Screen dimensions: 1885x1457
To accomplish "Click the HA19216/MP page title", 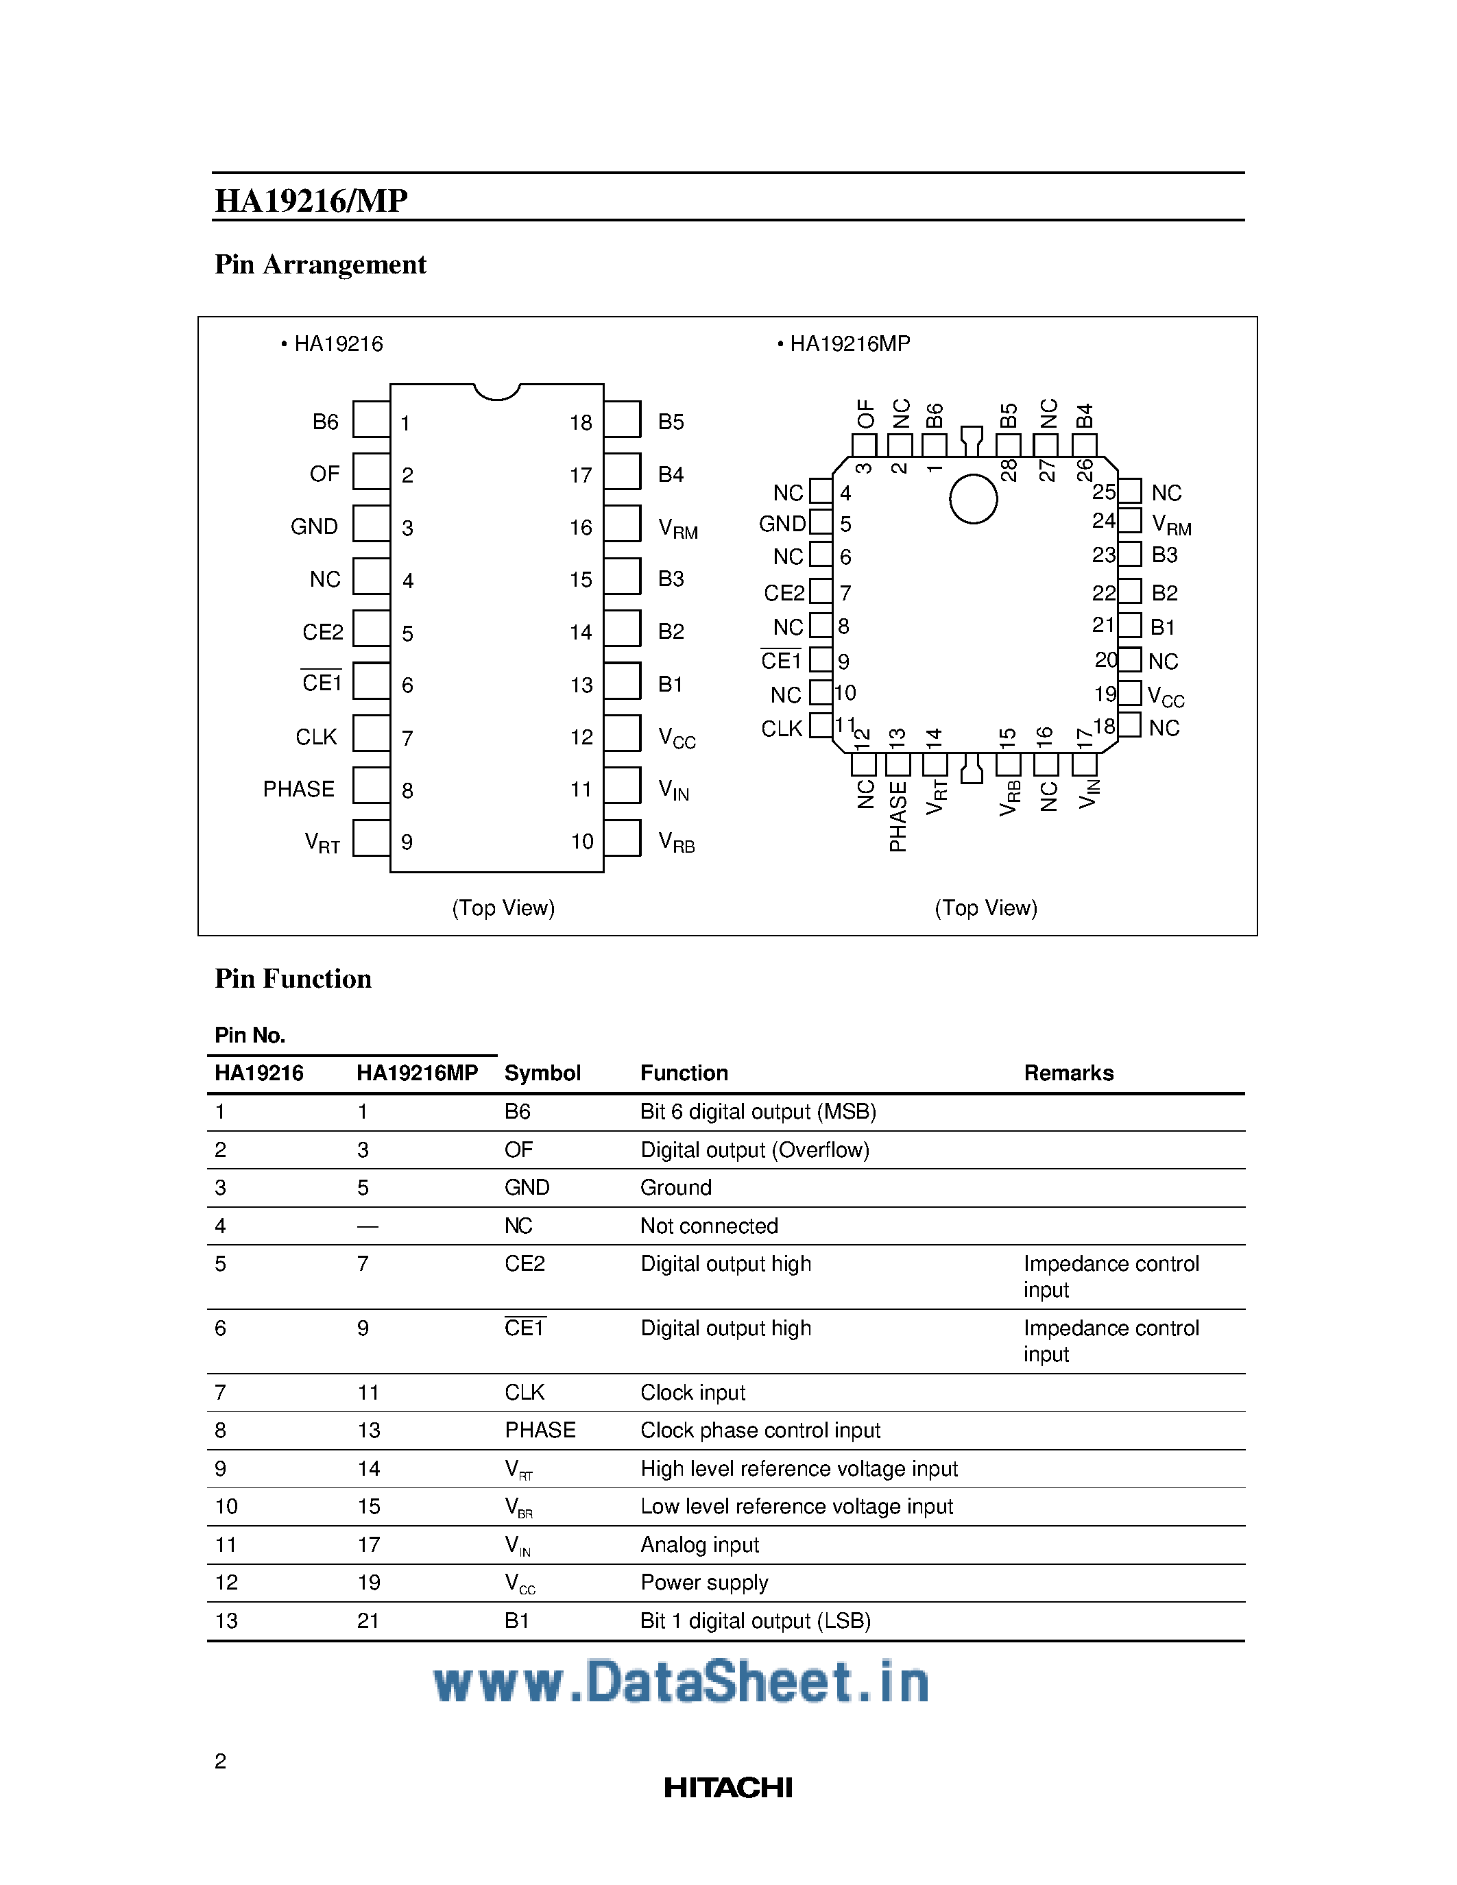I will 311,200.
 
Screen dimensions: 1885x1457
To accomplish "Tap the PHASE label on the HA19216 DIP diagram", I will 299,789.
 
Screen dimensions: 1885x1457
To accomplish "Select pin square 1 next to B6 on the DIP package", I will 371,419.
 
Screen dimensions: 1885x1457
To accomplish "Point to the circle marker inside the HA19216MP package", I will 973,499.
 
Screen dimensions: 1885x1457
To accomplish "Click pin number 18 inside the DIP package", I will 581,423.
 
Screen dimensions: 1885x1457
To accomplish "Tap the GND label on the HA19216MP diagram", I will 781,524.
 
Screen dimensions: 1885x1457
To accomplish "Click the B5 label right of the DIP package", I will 671,422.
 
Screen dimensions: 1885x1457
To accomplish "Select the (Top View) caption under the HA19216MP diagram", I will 986,908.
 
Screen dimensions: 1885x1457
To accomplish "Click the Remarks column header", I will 1069,1073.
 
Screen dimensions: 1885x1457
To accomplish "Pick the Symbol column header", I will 542,1073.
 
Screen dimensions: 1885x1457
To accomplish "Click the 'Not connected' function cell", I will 709,1226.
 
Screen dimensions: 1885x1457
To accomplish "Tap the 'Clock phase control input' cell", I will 760,1430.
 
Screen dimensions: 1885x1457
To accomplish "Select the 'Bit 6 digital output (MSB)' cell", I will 758,1112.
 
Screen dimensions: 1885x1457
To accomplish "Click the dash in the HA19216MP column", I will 368,1226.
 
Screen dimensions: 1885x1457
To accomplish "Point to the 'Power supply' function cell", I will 704,1582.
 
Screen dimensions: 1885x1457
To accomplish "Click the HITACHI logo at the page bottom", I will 727,1788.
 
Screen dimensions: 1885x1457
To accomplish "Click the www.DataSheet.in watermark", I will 681,1682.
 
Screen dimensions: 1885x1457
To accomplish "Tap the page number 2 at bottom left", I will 221,1761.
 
